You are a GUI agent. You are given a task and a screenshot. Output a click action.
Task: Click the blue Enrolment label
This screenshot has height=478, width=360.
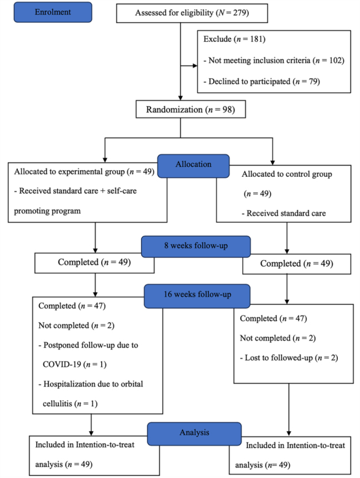point(53,12)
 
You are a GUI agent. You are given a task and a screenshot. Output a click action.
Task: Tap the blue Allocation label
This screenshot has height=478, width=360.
point(193,166)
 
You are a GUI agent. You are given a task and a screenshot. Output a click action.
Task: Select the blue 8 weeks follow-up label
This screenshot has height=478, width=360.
point(196,246)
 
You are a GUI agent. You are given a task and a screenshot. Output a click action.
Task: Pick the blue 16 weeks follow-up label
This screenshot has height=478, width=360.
point(197,296)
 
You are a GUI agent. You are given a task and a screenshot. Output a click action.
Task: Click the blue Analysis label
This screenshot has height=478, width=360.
point(194,434)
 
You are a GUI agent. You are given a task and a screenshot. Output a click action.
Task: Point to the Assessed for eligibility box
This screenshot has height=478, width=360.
point(192,13)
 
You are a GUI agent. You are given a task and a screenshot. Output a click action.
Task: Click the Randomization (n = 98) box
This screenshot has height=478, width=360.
point(191,109)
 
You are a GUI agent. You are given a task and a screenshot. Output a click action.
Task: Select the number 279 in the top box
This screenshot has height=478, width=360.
point(239,13)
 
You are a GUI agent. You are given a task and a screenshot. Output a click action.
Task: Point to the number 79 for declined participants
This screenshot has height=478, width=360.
point(313,81)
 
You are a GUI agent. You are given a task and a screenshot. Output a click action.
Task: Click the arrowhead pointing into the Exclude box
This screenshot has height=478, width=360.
point(195,66)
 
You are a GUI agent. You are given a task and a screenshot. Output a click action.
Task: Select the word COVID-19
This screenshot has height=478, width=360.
point(62,364)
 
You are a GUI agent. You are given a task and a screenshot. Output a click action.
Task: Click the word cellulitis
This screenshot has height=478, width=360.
point(57,404)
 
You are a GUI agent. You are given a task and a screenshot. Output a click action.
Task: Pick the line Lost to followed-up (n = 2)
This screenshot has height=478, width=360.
point(289,357)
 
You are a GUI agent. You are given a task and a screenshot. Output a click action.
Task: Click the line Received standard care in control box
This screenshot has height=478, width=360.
point(284,213)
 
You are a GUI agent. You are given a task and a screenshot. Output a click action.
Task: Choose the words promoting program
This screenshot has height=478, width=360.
point(47,211)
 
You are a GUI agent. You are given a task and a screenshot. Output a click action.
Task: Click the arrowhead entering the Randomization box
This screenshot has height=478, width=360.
point(181,98)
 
